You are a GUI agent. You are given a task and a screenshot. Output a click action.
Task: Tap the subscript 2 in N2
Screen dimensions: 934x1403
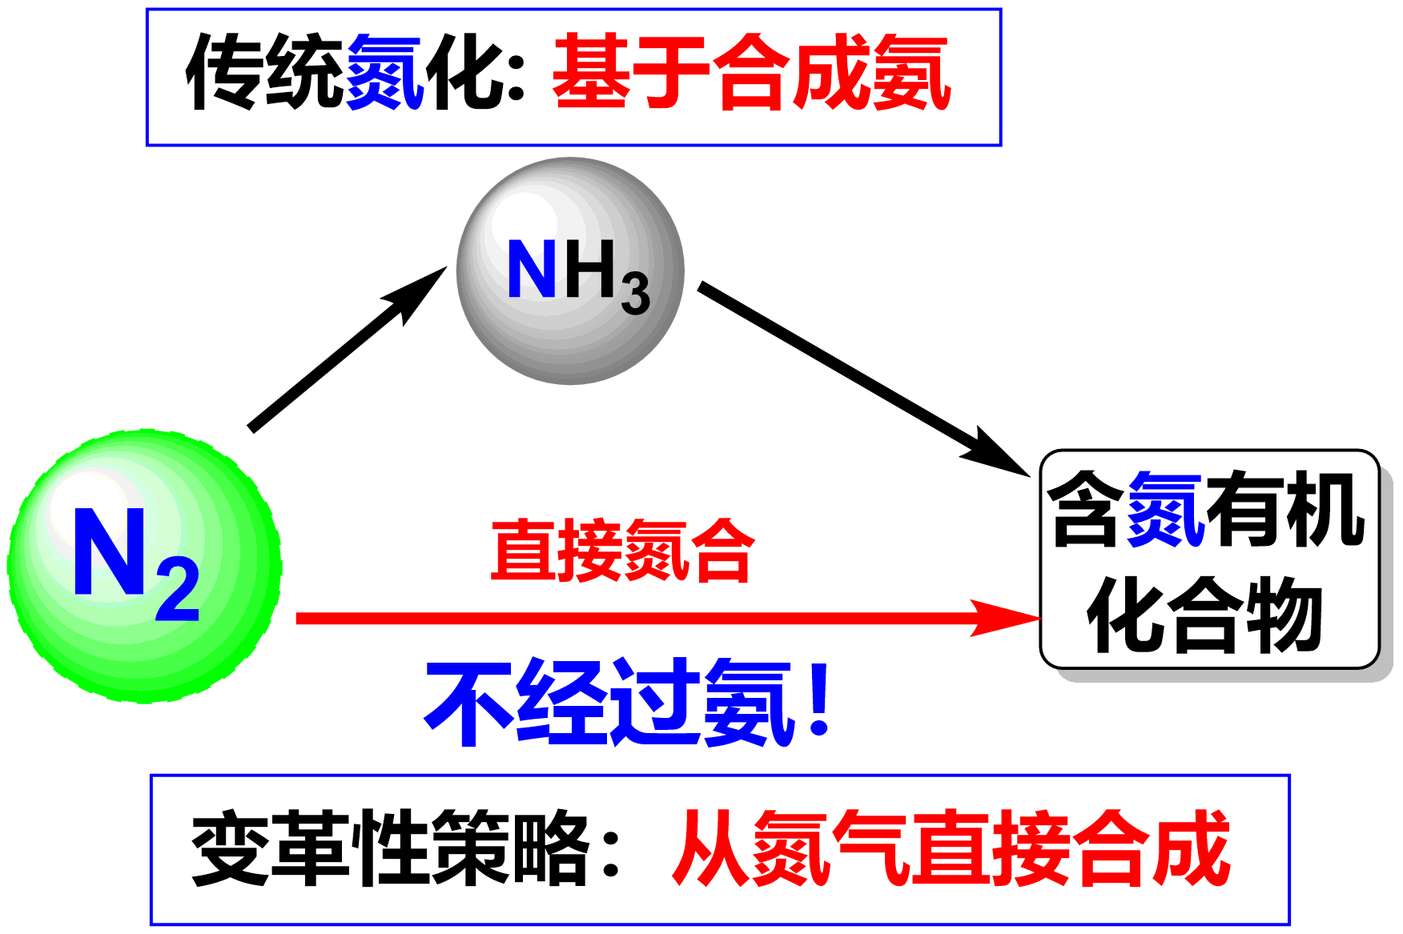[x=177, y=591]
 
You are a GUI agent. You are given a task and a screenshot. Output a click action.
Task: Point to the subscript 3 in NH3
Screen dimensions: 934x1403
[x=635, y=293]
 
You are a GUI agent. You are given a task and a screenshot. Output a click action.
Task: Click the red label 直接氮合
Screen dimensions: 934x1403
[x=622, y=551]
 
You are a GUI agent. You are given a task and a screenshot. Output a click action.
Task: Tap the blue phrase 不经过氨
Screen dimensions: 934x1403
[x=609, y=703]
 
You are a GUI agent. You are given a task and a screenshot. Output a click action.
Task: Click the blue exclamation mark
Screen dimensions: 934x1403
[x=818, y=699]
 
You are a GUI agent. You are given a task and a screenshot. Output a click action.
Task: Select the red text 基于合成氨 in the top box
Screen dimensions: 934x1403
[x=751, y=74]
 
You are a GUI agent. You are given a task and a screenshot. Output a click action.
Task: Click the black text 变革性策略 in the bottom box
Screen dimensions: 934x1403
[x=391, y=848]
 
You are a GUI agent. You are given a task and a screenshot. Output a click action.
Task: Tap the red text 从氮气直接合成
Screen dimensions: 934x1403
[x=951, y=848]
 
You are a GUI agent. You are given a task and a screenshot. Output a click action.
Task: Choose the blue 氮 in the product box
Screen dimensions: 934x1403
[x=1165, y=509]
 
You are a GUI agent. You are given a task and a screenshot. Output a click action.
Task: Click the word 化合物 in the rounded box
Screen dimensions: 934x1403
[x=1205, y=615]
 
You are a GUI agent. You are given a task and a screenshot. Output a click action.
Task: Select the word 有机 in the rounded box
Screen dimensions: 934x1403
[x=1285, y=509]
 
